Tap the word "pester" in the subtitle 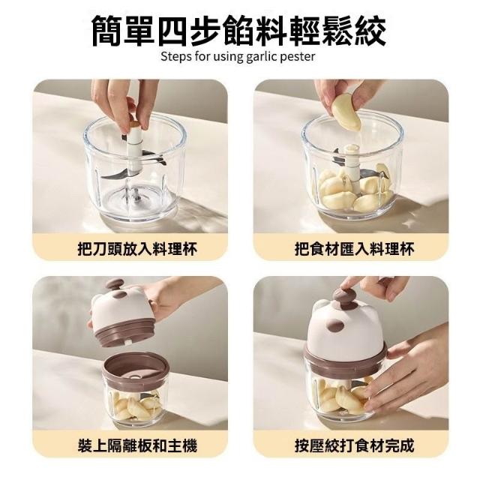click(x=298, y=57)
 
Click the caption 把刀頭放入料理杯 click(x=137, y=249)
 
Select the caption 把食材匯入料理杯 click(x=354, y=249)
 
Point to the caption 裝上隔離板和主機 click(x=137, y=445)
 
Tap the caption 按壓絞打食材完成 click(x=354, y=445)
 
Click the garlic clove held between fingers click(x=346, y=114)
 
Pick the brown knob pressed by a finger click(x=345, y=295)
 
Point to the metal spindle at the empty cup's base click(x=136, y=195)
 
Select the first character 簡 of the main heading click(x=107, y=31)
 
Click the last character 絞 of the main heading click(x=370, y=31)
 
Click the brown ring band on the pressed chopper click(x=346, y=357)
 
